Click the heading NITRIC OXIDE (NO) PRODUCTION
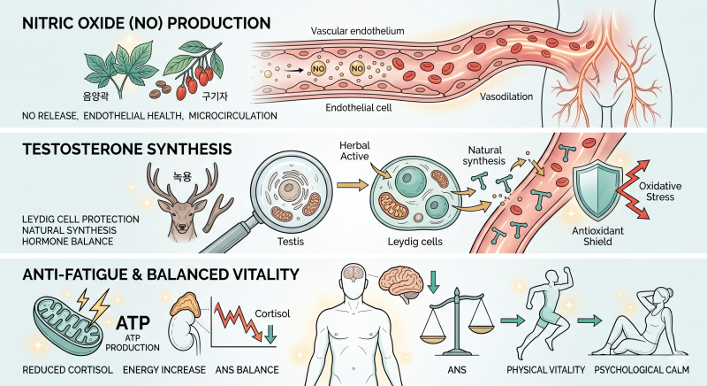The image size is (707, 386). (x=147, y=23)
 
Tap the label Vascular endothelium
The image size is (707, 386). (x=358, y=31)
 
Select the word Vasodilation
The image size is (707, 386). (x=506, y=96)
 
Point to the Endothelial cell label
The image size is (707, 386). (x=359, y=107)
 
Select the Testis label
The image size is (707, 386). (x=291, y=242)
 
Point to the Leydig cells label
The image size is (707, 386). (x=414, y=242)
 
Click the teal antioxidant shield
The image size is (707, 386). (x=597, y=189)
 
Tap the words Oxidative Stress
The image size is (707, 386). (x=660, y=191)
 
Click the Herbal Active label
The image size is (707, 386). (x=355, y=151)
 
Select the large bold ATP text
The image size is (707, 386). (x=133, y=322)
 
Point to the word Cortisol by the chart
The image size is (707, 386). (x=272, y=313)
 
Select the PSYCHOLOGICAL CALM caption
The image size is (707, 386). (x=642, y=370)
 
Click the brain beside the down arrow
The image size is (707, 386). (x=400, y=282)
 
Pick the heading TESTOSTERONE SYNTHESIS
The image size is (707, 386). (x=127, y=149)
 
